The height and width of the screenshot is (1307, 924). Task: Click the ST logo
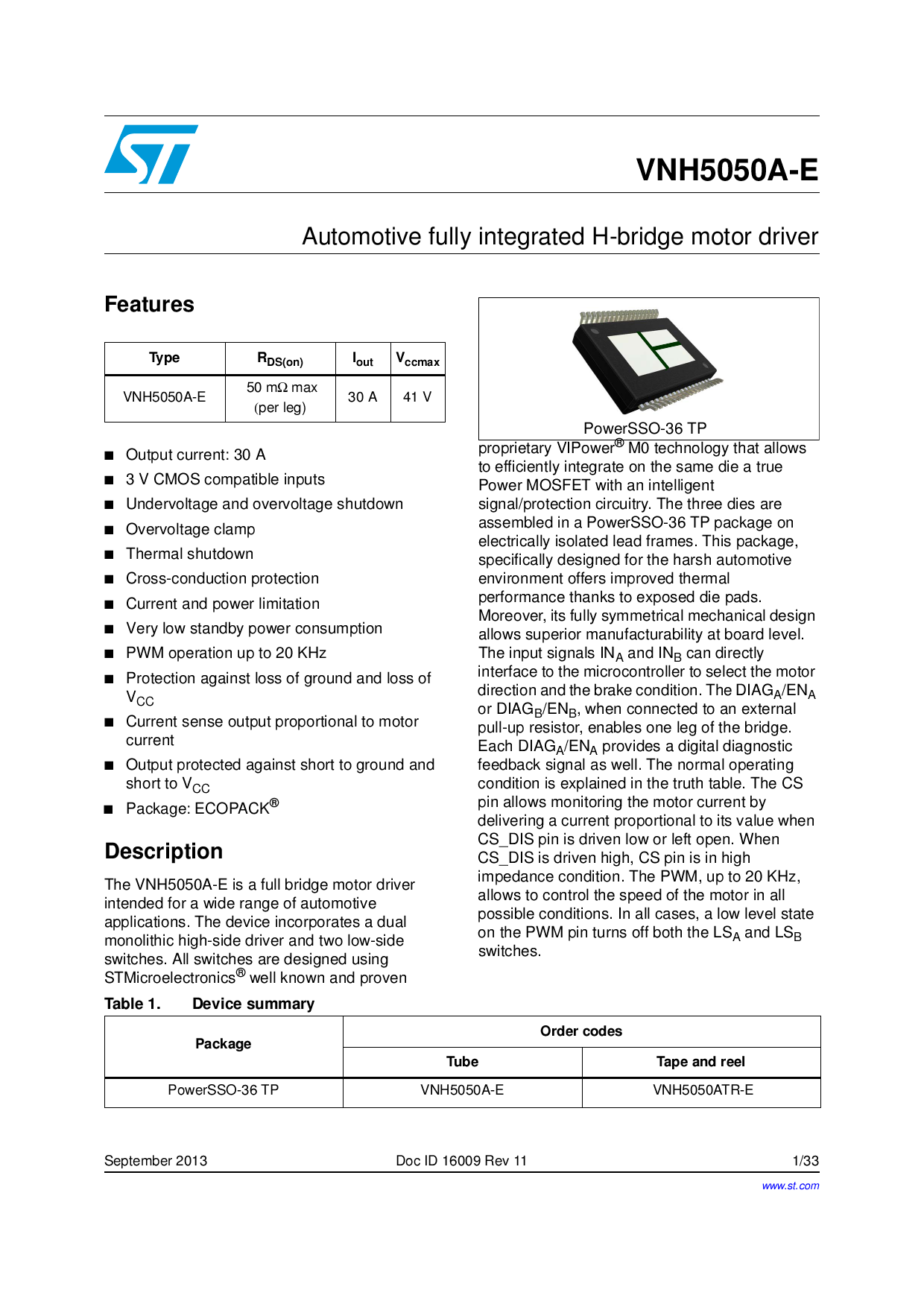pos(151,154)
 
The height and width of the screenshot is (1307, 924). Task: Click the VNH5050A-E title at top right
pos(727,170)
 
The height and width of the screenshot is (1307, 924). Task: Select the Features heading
pos(149,304)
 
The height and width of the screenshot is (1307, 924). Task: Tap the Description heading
pos(163,851)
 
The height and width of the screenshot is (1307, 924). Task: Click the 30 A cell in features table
pos(362,397)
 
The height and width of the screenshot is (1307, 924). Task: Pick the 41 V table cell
pos(417,397)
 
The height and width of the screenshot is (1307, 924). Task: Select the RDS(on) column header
pos(280,359)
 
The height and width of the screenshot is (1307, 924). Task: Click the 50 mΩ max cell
pos(281,397)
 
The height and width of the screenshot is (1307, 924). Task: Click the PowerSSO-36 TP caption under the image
pos(645,428)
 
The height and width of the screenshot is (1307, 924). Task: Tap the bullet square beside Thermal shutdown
pos(110,554)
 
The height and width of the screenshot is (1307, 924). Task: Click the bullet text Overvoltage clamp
pos(190,529)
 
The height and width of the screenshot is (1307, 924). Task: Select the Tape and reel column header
pos(700,1062)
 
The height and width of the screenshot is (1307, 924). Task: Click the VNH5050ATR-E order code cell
pos(703,1090)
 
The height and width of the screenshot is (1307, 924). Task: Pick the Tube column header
pos(462,1062)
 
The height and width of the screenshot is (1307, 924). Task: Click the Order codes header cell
pos(580,1031)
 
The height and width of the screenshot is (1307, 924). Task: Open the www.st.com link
pos(790,1186)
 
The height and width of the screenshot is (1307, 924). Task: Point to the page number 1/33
pos(806,1161)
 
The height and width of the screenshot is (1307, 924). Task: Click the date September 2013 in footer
pos(156,1161)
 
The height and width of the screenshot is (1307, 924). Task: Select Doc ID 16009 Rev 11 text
pos(461,1161)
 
